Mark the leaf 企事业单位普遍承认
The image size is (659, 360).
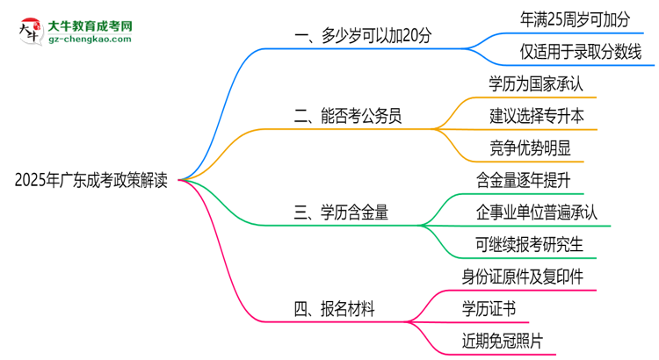[536, 212]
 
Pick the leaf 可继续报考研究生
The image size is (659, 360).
[529, 243]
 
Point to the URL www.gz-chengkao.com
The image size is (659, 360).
[91, 40]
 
